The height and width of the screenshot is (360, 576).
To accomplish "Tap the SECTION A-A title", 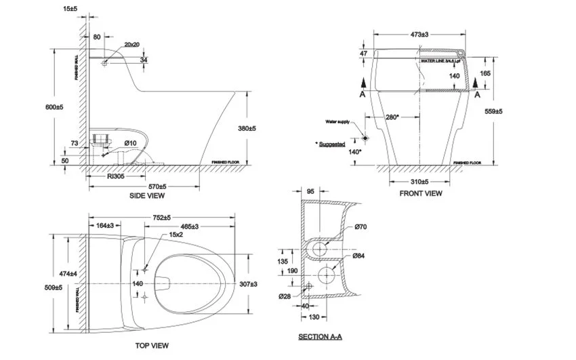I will click(321, 336).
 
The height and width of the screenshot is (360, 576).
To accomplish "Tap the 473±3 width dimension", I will click(421, 34).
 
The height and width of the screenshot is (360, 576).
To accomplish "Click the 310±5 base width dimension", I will click(421, 182).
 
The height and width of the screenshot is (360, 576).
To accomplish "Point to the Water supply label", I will click(337, 122).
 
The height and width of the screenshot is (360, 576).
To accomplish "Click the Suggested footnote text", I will click(330, 144).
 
